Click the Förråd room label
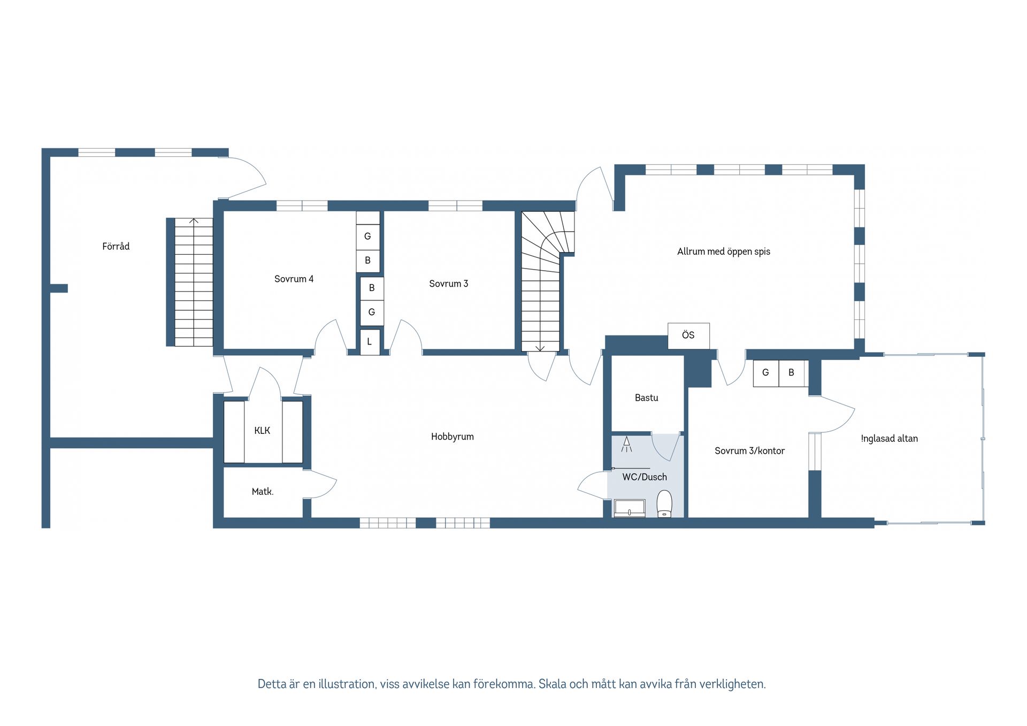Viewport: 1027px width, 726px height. tap(116, 246)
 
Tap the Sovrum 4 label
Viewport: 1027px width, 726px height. tap(294, 279)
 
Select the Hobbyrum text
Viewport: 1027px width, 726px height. tap(453, 437)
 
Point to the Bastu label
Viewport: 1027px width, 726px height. tap(646, 398)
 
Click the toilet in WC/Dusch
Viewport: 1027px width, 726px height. tap(664, 503)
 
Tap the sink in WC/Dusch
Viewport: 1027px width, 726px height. tap(630, 508)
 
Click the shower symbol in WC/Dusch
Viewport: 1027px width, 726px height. tap(626, 445)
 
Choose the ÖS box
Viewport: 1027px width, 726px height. tap(688, 335)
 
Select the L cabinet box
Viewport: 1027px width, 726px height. tap(370, 342)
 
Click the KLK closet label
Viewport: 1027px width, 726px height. tap(262, 431)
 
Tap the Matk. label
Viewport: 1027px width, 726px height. tap(263, 492)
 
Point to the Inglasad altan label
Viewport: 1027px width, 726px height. tap(889, 439)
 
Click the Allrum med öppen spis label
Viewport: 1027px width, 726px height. tap(724, 251)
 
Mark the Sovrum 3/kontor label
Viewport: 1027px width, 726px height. tap(749, 451)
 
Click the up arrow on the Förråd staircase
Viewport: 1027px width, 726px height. tap(194, 221)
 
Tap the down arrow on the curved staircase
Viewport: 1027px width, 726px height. tap(540, 348)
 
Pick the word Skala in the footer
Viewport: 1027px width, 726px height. tap(551, 684)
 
